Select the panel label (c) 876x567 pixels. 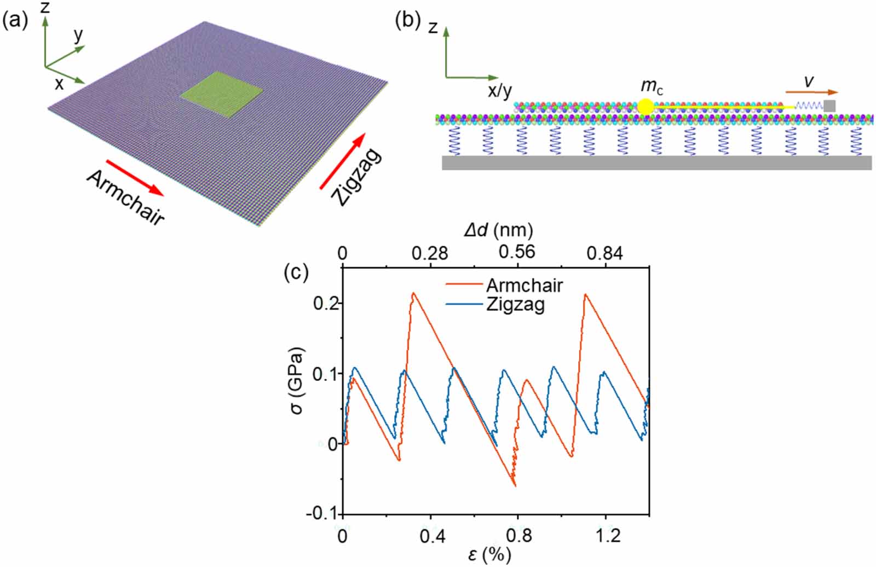[296, 272]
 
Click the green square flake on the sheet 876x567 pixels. [221, 94]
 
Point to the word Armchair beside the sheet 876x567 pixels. [125, 198]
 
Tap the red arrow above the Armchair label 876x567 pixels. [135, 177]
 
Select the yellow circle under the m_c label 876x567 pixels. [646, 106]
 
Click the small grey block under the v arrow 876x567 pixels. [829, 106]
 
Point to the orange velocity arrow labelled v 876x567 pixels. [811, 92]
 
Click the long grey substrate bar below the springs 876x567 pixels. [656, 163]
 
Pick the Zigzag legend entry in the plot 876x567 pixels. [515, 304]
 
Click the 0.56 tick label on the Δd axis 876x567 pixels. [517, 252]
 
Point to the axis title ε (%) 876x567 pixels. [489, 555]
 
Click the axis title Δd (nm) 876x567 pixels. [498, 230]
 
